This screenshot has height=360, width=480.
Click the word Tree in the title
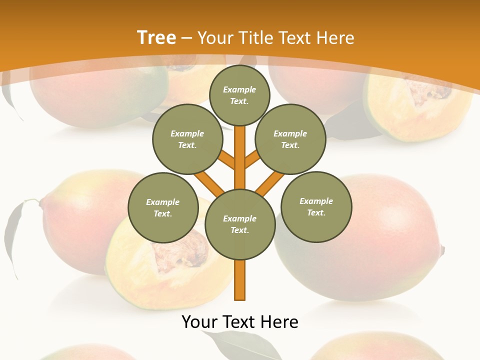pos(156,37)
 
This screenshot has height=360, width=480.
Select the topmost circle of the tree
pos(239,95)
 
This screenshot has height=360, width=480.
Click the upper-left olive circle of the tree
pos(187,139)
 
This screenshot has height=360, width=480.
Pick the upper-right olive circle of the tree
pos(290,139)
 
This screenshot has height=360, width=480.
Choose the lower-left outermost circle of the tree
pos(163,207)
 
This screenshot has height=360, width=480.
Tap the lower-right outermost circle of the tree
pos(316,206)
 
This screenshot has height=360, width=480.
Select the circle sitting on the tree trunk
pos(240,224)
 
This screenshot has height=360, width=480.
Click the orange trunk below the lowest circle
pos(240,280)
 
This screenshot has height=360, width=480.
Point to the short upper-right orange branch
pos(251,159)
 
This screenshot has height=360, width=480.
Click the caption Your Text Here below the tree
pos(240,322)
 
